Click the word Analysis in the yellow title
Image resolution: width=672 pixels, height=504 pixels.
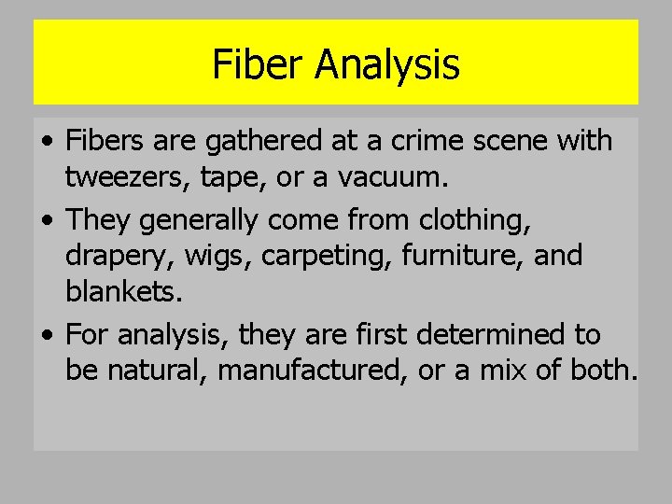386,64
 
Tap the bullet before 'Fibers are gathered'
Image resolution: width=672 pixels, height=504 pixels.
47,142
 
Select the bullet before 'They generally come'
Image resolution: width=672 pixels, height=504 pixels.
47,221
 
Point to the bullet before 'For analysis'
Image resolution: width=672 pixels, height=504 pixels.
47,334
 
